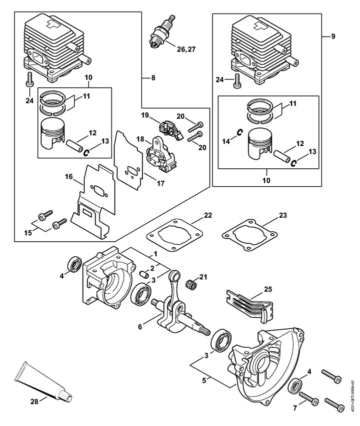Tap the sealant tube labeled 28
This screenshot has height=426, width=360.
tap(43, 382)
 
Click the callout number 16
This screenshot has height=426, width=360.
tap(69, 177)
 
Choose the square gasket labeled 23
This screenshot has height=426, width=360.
tap(249, 235)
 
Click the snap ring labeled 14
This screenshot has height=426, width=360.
tap(240, 132)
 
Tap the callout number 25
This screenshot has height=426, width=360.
tap(268, 289)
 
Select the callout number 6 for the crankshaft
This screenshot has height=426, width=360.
tap(140, 327)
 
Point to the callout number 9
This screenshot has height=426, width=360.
tap(333, 36)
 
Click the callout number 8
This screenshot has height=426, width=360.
tap(153, 78)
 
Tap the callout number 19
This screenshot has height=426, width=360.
tap(145, 115)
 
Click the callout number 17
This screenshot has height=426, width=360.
tap(160, 183)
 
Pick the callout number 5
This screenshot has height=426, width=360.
tap(204, 381)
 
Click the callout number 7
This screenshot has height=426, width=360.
tap(295, 409)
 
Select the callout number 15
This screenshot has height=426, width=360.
tap(28, 233)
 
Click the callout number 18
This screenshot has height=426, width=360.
tap(140, 139)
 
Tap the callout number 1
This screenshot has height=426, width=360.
tap(155, 254)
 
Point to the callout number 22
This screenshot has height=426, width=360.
tap(208, 215)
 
